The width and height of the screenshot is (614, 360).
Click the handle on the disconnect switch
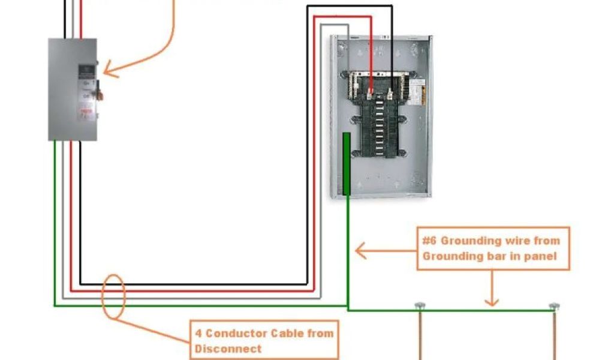(x=100, y=94)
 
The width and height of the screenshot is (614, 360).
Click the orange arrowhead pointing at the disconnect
(x=107, y=71)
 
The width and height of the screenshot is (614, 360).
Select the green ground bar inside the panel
(x=347, y=164)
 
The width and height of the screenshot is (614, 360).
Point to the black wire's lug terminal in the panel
(x=391, y=94)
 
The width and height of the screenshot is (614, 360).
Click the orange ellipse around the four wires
(x=113, y=296)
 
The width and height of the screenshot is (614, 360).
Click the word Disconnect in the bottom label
(x=228, y=349)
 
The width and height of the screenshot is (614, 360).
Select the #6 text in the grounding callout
(x=429, y=241)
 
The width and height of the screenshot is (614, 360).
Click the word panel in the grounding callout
(x=543, y=256)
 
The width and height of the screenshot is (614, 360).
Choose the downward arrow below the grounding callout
(x=492, y=300)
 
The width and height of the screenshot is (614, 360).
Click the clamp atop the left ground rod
(x=419, y=306)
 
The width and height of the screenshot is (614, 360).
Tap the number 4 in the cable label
(x=198, y=333)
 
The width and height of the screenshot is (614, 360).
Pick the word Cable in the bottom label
(x=288, y=333)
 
